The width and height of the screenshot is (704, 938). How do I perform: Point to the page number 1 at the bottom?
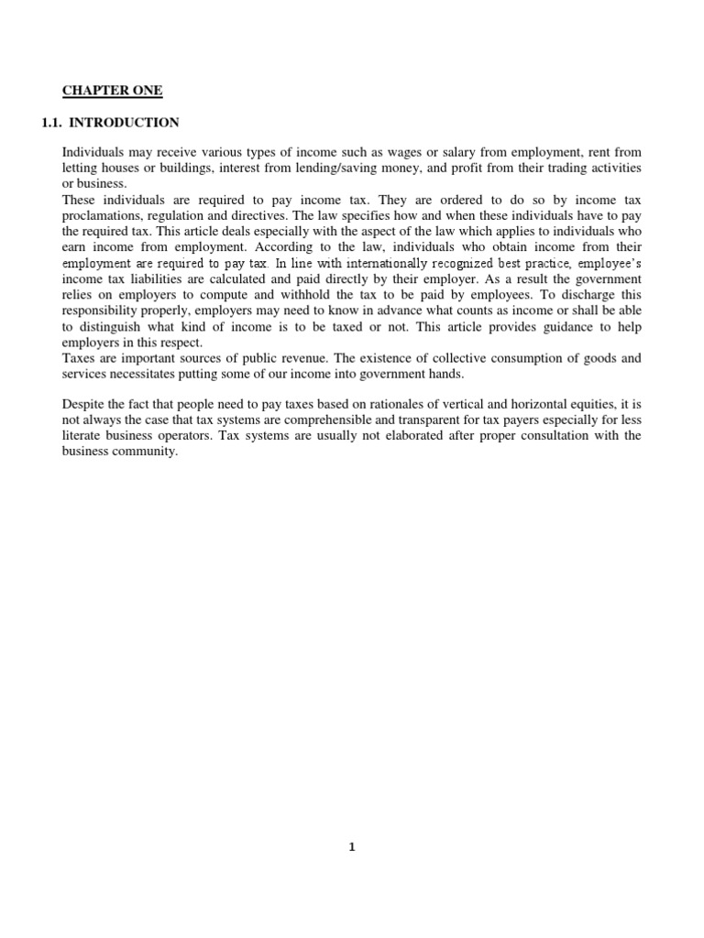(x=352, y=847)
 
